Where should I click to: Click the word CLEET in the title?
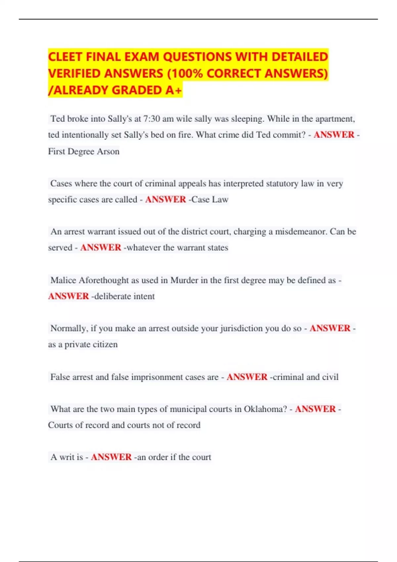click(65, 57)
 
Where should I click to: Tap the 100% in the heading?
click(187, 73)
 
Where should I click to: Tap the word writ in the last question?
click(66, 457)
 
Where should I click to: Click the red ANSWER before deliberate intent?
click(68, 296)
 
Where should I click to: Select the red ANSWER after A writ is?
click(111, 457)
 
